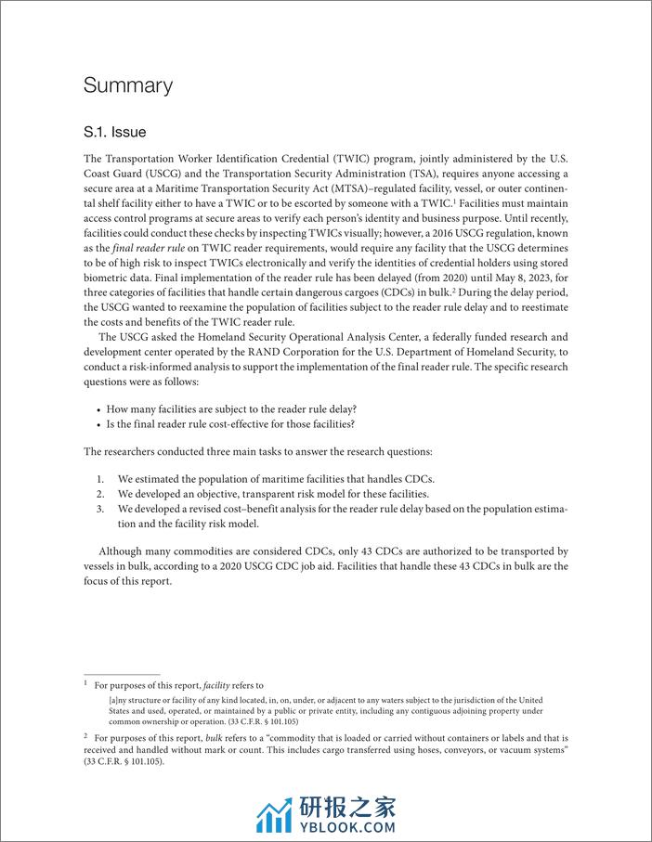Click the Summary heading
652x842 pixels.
[128, 86]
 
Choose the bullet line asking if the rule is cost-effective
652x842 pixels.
[230, 423]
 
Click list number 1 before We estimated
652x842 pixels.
[100, 479]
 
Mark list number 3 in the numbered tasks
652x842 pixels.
[100, 509]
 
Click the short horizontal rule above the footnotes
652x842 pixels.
[122, 675]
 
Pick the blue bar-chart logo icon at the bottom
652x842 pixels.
[274, 814]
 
